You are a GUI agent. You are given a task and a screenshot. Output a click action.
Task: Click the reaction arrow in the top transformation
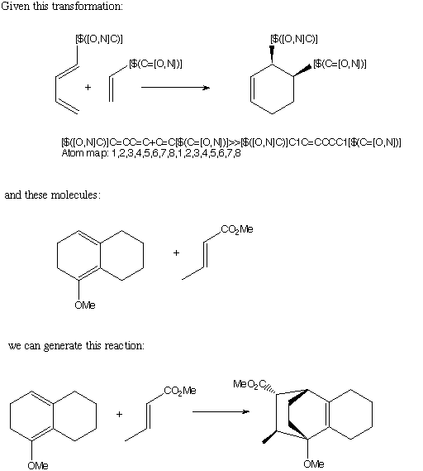(x=175, y=88)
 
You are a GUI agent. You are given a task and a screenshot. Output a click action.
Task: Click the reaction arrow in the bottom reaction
(x=221, y=411)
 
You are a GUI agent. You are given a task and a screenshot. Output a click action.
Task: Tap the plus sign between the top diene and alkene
(x=88, y=88)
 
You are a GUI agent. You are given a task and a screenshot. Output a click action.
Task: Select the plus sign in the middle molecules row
(x=176, y=253)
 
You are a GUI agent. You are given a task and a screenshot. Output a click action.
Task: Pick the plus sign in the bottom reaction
(x=119, y=414)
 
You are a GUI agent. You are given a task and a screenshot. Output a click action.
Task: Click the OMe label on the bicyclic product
(x=314, y=464)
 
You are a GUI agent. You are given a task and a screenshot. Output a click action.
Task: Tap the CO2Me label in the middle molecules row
(x=237, y=230)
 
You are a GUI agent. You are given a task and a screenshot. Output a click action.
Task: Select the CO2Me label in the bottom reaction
(x=180, y=391)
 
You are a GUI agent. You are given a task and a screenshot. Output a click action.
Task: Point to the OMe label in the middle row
(x=85, y=305)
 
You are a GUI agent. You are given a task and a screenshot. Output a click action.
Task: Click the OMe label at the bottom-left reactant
(x=38, y=465)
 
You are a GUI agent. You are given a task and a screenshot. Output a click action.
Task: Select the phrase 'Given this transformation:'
(x=62, y=6)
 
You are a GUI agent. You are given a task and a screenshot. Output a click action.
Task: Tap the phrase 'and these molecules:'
(x=53, y=195)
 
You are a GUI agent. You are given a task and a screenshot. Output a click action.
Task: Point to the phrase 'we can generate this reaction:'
(x=76, y=346)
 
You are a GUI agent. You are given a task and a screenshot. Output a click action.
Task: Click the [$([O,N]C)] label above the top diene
(x=99, y=39)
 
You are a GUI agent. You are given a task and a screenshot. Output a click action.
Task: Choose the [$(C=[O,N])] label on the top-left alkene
(x=155, y=64)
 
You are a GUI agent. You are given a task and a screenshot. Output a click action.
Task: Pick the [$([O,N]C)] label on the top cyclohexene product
(x=294, y=39)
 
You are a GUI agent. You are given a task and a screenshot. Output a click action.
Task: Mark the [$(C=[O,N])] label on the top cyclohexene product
(x=340, y=64)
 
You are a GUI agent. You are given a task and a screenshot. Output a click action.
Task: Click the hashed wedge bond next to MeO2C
(x=270, y=390)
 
